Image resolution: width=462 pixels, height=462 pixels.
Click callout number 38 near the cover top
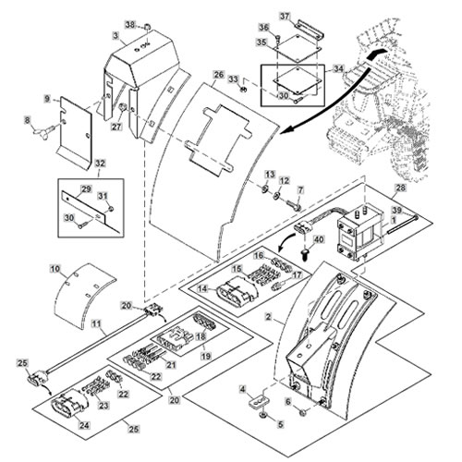tap(130, 25)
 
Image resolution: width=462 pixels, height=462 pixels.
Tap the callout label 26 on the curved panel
tap(218, 75)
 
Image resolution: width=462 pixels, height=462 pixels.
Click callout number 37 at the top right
tap(285, 16)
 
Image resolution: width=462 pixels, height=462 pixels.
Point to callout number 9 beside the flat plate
tap(47, 99)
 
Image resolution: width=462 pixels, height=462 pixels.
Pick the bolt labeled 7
tap(293, 205)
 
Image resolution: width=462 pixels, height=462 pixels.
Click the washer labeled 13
tap(264, 188)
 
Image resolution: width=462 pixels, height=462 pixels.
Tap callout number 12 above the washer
tap(285, 180)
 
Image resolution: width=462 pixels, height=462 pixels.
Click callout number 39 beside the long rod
tap(397, 210)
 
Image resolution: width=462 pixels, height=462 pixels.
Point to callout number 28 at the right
tap(401, 188)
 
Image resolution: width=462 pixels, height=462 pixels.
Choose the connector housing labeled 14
tap(236, 290)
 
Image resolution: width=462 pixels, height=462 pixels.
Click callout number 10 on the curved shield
tap(55, 269)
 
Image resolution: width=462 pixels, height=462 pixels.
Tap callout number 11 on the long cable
tap(97, 323)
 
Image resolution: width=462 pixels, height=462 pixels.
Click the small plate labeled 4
tap(259, 402)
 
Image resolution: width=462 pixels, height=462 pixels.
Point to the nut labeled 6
tap(303, 412)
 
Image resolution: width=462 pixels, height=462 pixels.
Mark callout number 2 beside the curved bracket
tap(269, 317)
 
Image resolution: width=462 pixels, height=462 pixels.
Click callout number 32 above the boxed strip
tap(100, 164)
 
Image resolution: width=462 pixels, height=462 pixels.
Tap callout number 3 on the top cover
tap(115, 35)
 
